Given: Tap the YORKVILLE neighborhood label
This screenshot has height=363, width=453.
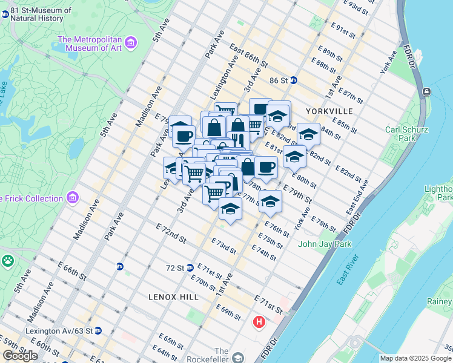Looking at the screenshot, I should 329,111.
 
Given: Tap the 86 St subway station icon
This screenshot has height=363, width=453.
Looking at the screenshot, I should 294,80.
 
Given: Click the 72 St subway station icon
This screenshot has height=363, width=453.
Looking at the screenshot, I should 190,267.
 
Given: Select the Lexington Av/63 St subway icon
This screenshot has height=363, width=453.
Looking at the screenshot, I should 98,331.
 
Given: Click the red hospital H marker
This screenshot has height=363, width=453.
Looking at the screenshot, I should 260,321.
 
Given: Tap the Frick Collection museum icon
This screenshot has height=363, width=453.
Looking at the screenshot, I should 73,198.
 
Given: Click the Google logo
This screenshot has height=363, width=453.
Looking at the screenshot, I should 20,356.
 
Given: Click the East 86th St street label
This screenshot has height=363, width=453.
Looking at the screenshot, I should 248,54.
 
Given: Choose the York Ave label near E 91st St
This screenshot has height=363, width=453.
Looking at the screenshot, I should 388,62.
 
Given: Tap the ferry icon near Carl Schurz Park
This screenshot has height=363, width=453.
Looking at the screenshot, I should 427,91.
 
